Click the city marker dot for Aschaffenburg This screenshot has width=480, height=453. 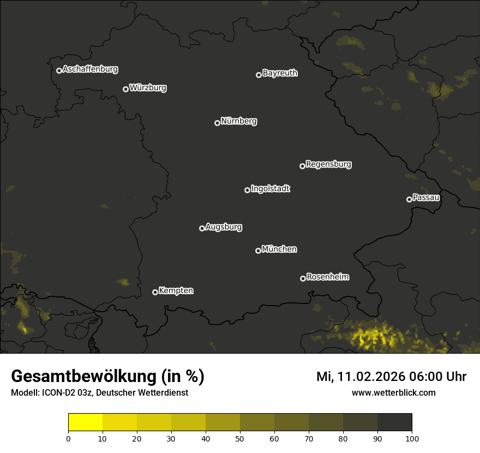[x=59, y=70]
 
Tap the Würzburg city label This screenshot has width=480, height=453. [x=148, y=87]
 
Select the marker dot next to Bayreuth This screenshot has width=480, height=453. [x=259, y=75]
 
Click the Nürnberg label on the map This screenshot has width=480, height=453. [x=239, y=121]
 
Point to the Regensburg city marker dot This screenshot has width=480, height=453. [x=302, y=166]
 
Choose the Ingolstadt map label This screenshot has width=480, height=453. [x=271, y=189]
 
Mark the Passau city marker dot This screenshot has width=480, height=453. [x=409, y=199]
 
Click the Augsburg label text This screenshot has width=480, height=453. [x=224, y=226]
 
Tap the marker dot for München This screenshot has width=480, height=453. [x=258, y=251]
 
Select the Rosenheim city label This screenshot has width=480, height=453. [x=327, y=277]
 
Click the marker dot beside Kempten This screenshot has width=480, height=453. [x=155, y=292]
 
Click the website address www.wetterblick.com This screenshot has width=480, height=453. [x=393, y=392]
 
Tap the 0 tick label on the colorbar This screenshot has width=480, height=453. [x=68, y=438]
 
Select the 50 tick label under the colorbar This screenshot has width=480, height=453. [x=240, y=438]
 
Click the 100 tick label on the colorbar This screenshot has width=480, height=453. [x=412, y=438]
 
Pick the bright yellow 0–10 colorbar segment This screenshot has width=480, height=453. [x=86, y=422]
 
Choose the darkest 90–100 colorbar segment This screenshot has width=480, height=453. [x=394, y=422]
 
